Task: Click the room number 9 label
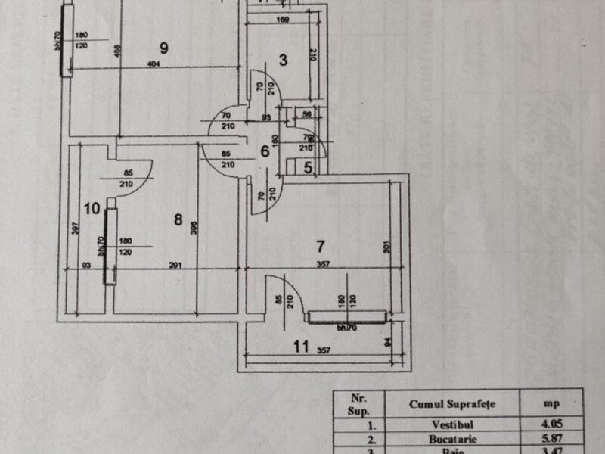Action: click(163, 48)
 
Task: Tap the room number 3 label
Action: click(281, 60)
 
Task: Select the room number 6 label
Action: click(265, 151)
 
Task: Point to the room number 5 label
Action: click(308, 169)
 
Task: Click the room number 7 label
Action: click(320, 246)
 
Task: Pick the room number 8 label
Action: click(178, 220)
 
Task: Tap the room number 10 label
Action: click(92, 208)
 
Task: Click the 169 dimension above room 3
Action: click(282, 20)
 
